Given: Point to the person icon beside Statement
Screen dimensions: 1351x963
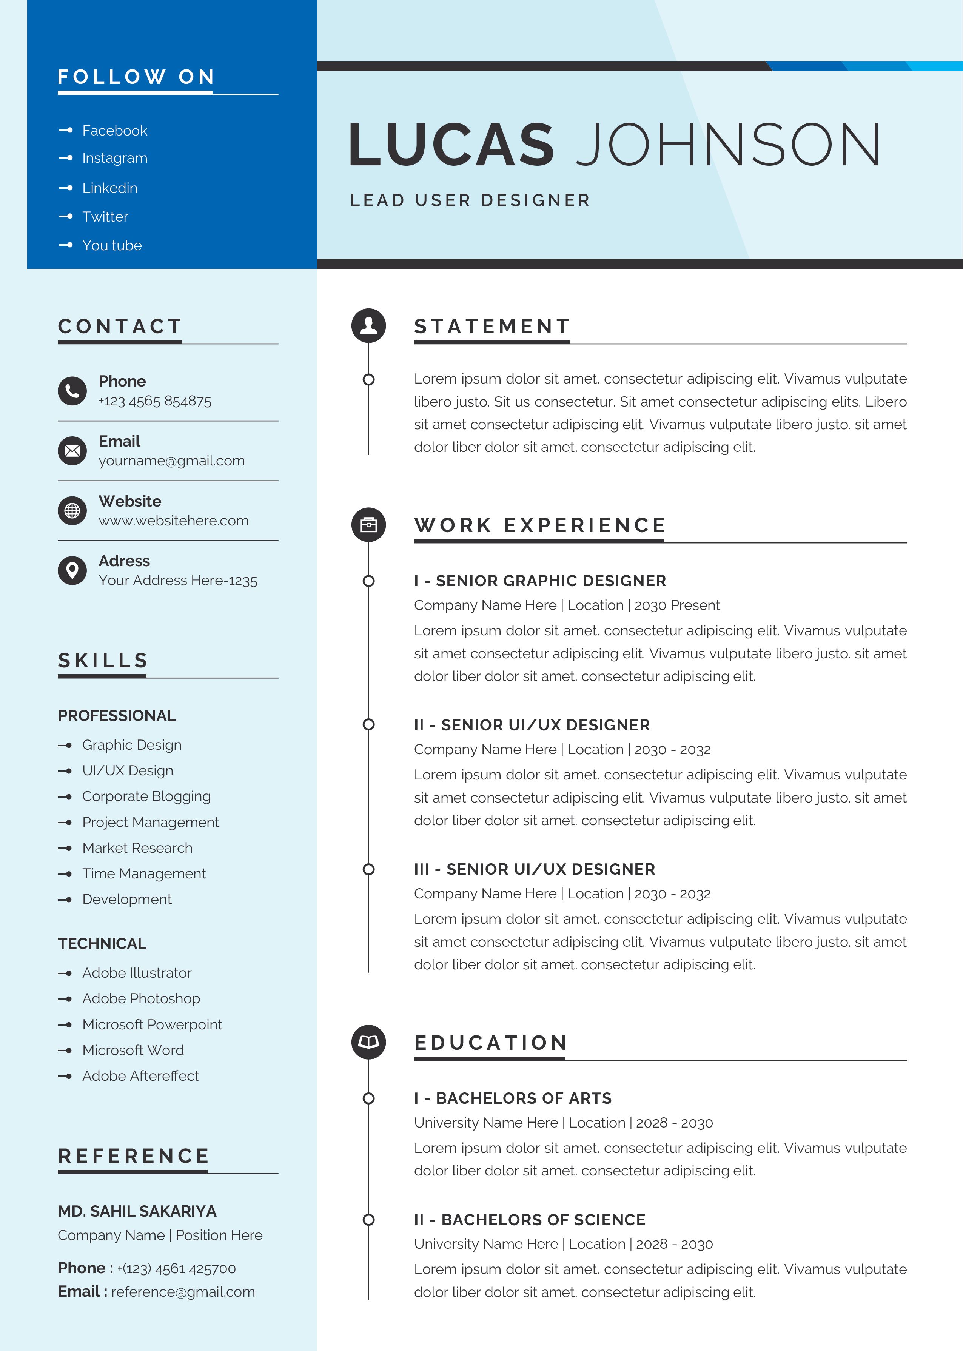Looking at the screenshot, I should pyautogui.click(x=368, y=325).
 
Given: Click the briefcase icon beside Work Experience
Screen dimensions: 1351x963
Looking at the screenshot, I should pyautogui.click(x=368, y=525).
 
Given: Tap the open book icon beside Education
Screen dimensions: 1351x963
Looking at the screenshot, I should pyautogui.click(x=368, y=1042).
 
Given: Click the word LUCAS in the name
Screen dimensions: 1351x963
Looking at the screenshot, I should pyautogui.click(x=451, y=145).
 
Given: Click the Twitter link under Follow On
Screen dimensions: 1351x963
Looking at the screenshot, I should pyautogui.click(x=105, y=217).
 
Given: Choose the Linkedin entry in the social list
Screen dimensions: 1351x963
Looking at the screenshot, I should pyautogui.click(x=110, y=188).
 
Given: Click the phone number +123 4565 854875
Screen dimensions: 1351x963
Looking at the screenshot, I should pyautogui.click(x=155, y=401).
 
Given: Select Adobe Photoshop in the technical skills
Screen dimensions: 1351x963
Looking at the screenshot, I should pyautogui.click(x=141, y=998).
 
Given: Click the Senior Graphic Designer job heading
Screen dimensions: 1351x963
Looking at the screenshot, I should pyautogui.click(x=539, y=581).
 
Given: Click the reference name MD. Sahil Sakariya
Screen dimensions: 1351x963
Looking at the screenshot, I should pyautogui.click(x=137, y=1211).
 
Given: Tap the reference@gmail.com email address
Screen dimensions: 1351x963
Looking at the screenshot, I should pyautogui.click(x=183, y=1292).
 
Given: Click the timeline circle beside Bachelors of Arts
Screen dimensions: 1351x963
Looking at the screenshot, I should pyautogui.click(x=368, y=1098).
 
